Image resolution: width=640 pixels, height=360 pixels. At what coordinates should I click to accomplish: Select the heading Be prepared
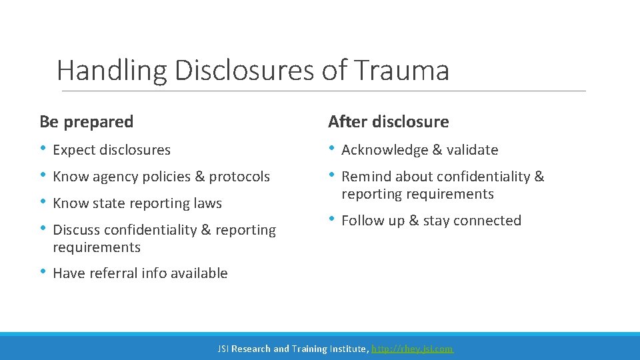click(x=86, y=122)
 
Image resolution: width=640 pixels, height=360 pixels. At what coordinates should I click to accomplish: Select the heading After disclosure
click(x=388, y=122)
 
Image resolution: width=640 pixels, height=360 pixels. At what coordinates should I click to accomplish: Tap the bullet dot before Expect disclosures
click(x=43, y=149)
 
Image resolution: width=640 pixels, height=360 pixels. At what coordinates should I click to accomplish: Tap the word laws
click(x=207, y=203)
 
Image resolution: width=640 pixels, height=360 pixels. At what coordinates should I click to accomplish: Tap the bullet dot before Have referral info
click(x=43, y=273)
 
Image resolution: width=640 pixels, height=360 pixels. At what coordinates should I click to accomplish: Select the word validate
click(x=472, y=150)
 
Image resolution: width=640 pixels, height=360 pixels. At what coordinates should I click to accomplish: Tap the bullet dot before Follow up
click(x=332, y=220)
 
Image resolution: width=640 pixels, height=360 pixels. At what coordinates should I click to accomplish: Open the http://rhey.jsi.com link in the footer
click(x=412, y=349)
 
